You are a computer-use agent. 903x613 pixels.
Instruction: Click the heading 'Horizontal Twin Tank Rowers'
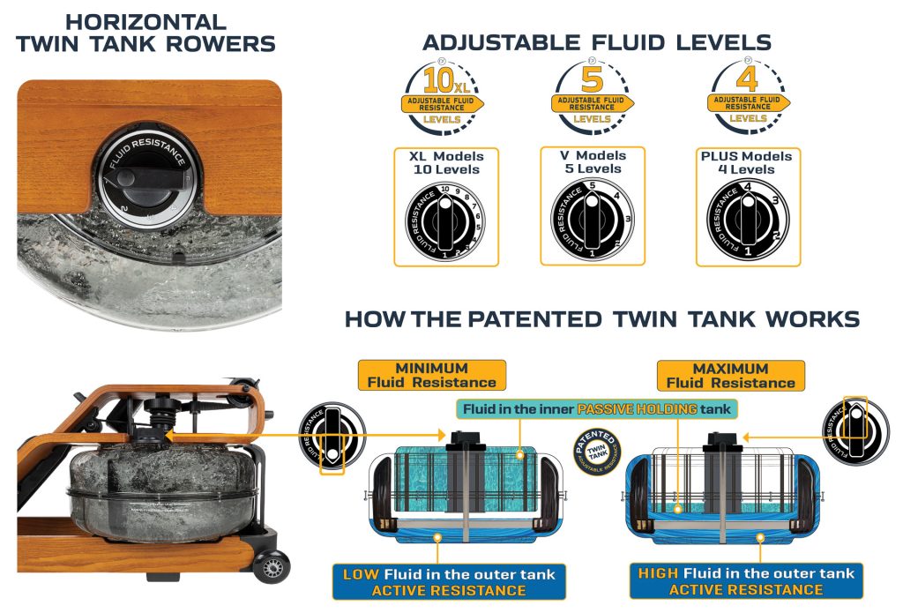(146, 33)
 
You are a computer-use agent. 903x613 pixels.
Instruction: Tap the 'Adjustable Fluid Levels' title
(596, 41)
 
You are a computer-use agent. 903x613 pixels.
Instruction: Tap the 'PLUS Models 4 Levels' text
(748, 162)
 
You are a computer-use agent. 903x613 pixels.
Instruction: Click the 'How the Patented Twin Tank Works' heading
(601, 318)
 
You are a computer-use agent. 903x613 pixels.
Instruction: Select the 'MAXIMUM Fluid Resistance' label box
(729, 375)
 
